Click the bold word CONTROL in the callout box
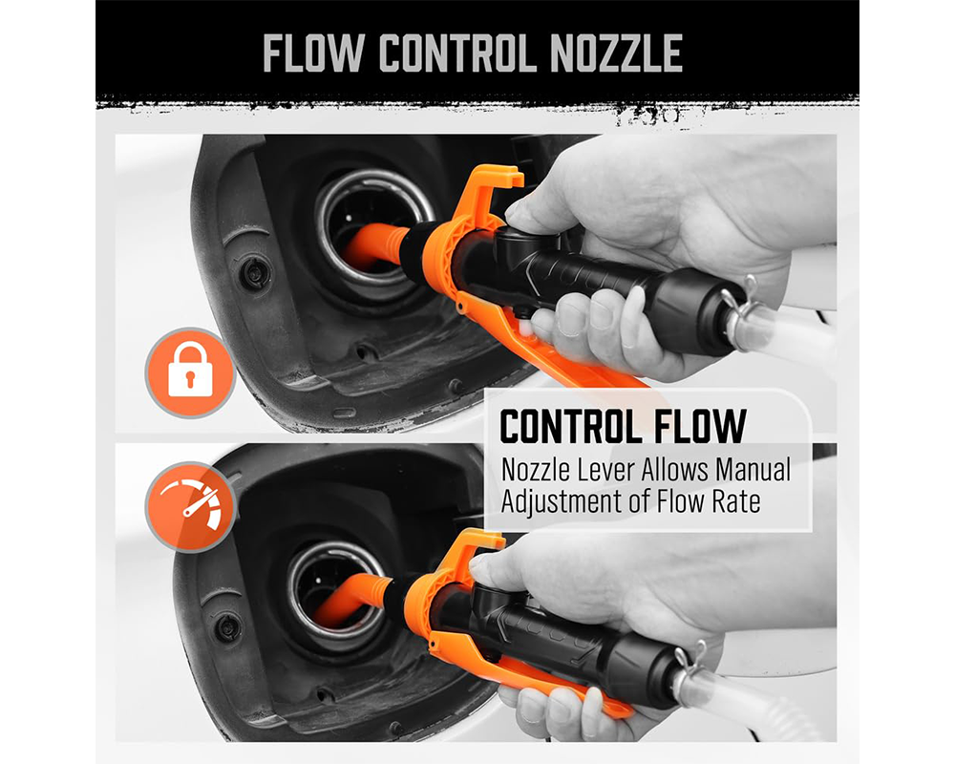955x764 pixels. [x=570, y=427]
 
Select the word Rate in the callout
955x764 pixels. [x=737, y=500]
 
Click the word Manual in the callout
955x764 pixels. [x=753, y=470]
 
